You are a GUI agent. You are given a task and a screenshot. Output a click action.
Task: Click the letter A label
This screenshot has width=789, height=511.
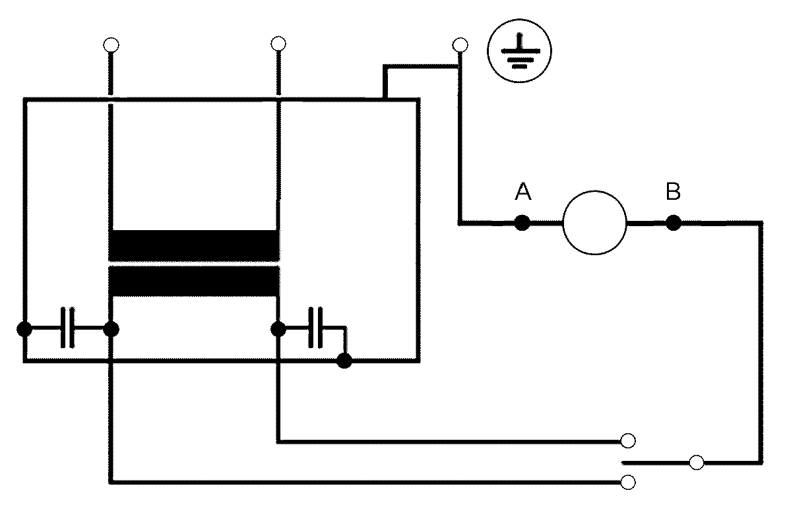click(x=523, y=192)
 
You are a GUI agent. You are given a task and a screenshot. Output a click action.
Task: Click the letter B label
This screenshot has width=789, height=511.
click(x=673, y=192)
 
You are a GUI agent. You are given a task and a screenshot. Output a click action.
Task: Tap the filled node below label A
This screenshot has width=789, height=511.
click(x=522, y=222)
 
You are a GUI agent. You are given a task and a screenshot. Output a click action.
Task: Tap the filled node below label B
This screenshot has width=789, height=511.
click(x=674, y=222)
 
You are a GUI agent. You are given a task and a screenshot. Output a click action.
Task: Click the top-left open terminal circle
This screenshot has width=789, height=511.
click(x=111, y=45)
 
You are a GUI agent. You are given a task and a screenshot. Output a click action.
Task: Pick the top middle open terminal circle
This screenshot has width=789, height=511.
click(x=278, y=44)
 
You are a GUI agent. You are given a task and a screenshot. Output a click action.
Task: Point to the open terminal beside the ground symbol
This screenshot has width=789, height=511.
click(x=460, y=45)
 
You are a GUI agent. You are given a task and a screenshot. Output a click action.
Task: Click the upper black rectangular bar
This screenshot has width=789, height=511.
click(x=194, y=245)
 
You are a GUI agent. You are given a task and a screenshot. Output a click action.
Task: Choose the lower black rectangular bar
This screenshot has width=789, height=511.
click(x=194, y=281)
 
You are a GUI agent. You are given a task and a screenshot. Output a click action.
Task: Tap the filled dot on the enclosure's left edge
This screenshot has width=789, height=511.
click(x=24, y=330)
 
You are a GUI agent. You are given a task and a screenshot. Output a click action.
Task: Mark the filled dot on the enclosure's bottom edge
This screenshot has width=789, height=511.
click(x=344, y=361)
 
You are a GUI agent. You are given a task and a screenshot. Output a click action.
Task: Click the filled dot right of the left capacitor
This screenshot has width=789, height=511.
click(x=111, y=330)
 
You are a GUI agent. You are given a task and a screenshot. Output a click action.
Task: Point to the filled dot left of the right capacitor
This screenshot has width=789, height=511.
click(x=278, y=330)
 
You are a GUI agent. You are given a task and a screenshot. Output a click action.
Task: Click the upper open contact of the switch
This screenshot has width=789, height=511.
click(x=628, y=440)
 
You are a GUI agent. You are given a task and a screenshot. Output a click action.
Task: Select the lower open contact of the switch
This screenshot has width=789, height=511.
click(x=628, y=483)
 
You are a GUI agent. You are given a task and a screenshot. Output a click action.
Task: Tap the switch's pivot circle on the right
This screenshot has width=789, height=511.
click(x=697, y=462)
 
